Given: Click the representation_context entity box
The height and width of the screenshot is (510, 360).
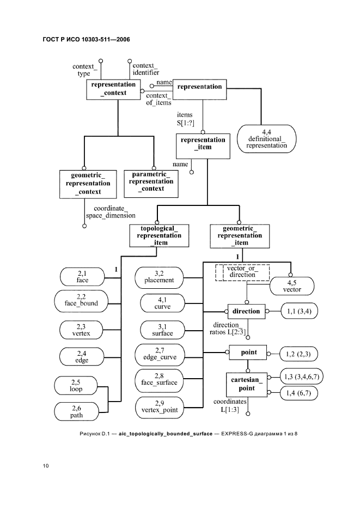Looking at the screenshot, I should [x=114, y=89].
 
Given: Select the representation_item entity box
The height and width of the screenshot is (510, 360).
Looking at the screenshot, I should [x=203, y=144].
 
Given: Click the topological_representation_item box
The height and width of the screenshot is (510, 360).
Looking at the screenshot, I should [x=156, y=235].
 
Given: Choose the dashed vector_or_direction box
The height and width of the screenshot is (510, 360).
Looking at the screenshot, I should [x=242, y=271].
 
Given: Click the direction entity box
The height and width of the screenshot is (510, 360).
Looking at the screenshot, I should [x=246, y=312].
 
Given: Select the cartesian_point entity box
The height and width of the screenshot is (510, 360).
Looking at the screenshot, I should [x=246, y=385].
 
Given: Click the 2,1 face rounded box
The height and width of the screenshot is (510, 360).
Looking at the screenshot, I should [x=82, y=277].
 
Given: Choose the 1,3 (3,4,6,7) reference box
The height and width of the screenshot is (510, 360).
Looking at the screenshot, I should [x=301, y=377].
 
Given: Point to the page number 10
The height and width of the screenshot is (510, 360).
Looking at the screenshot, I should [x=46, y=466].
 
